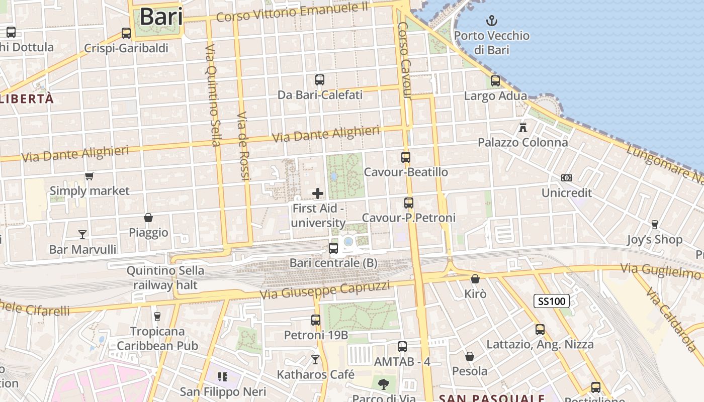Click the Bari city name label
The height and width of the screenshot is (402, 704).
pos(161,17)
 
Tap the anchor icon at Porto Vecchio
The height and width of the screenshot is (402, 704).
pos(491,21)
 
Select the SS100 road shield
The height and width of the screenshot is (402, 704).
pos(552,301)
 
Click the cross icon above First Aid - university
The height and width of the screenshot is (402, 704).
pos(318,193)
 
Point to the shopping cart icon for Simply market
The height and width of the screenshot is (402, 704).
pos(90,176)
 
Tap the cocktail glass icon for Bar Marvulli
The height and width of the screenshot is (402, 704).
pos(82,234)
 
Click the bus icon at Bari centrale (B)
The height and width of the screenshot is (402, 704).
pos(333,248)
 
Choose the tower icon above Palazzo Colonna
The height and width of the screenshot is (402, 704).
pos(523,127)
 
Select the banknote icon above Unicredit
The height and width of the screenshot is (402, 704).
pos(567,178)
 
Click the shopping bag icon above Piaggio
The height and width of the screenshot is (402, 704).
pos(148,218)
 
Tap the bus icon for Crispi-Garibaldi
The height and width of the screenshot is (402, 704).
pos(126,33)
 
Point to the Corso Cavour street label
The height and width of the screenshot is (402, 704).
pos(405,60)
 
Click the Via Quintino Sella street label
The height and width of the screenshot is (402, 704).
pos(212,95)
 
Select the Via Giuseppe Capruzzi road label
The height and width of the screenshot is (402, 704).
pos(325,290)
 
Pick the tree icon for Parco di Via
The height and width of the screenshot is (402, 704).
pos(384,384)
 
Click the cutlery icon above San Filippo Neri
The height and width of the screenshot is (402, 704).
pos(223,376)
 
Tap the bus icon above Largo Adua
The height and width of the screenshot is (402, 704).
pos(495,80)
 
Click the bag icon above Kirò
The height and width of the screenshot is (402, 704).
pos(475,279)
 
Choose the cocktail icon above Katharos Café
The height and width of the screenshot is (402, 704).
pos(315,359)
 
